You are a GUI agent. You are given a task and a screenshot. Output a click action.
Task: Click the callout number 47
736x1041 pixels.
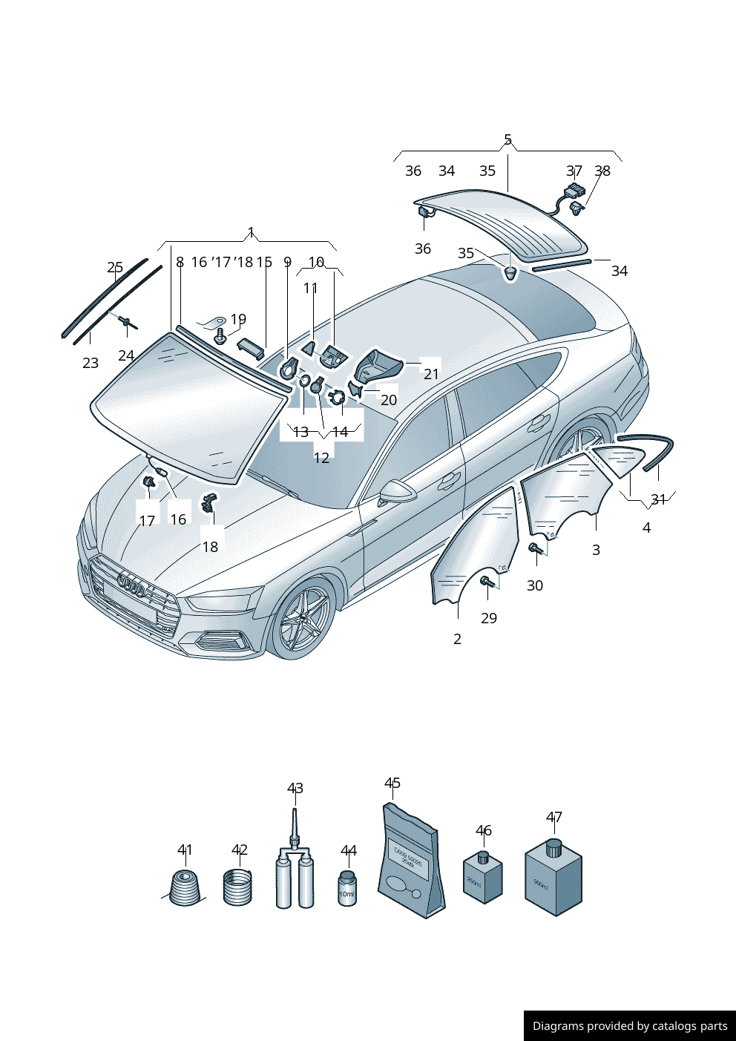point(553,817)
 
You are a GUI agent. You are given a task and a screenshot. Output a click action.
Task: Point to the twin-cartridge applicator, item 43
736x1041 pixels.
point(295,876)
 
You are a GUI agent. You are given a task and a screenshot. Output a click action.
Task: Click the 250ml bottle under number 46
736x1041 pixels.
point(482,879)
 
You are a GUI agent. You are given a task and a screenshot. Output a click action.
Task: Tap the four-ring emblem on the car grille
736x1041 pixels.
point(132,585)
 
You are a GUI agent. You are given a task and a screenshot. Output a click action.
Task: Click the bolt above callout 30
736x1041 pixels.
point(535,548)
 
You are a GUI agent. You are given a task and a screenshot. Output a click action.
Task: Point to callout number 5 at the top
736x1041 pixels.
point(507,139)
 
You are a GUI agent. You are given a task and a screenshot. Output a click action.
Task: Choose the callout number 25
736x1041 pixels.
point(115,267)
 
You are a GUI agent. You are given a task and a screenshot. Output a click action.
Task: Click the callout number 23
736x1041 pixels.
point(91,363)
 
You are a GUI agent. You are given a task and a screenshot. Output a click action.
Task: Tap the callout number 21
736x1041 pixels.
point(431,374)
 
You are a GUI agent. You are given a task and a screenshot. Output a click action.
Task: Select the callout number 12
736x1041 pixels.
point(321,458)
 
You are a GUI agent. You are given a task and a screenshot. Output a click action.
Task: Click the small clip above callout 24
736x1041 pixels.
point(125,321)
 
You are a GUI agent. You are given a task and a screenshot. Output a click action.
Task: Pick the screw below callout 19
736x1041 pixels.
point(220,337)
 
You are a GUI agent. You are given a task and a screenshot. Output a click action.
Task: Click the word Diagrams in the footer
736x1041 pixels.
point(558,1026)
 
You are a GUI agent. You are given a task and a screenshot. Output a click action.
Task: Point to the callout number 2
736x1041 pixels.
point(457,639)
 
